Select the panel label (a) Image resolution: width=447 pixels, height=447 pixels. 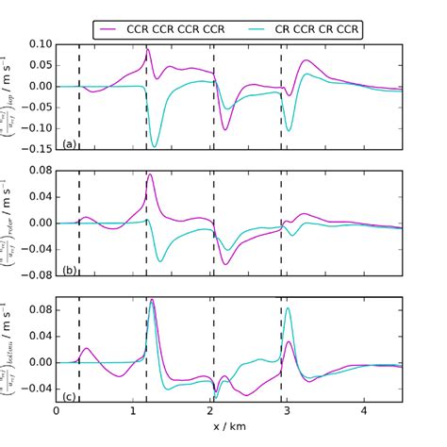pos(68,143)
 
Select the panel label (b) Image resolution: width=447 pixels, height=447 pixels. pos(68,270)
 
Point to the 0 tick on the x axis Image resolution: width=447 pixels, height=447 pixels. pos(57,411)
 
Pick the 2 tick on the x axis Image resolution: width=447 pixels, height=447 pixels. pos(210,411)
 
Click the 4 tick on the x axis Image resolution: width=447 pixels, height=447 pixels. pos(364,411)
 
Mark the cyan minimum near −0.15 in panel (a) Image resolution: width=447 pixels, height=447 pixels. pos(155,145)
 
